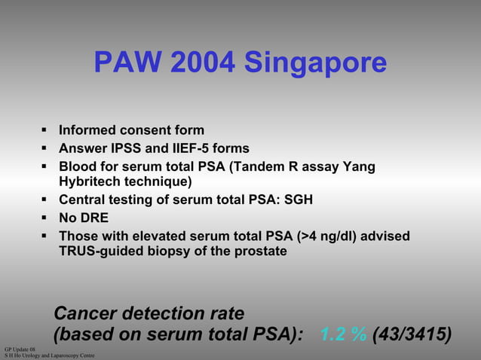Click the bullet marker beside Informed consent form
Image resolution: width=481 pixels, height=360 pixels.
[46, 130]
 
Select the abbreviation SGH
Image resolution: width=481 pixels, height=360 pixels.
[297, 200]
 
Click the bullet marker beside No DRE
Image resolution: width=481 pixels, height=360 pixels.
[46, 218]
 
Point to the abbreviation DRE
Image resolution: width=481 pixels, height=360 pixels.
[95, 218]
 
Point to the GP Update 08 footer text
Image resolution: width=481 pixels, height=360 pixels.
[20, 349]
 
